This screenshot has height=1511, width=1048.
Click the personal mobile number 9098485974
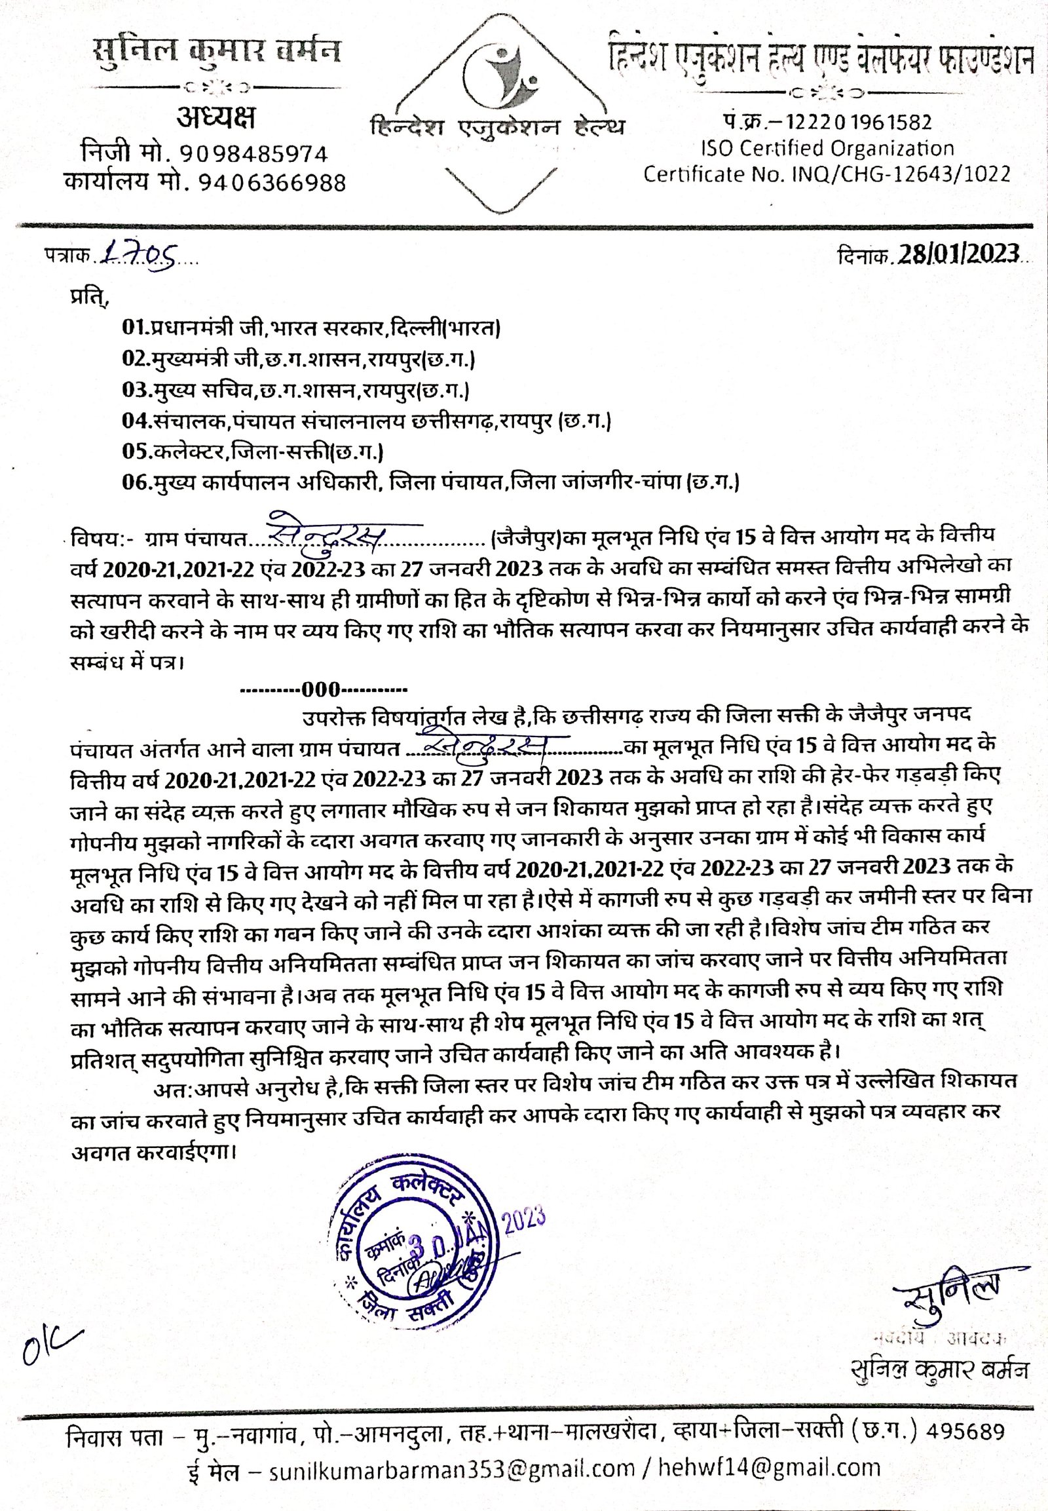(253, 154)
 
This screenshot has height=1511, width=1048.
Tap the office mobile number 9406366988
(271, 182)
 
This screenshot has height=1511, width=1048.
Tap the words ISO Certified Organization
(827, 148)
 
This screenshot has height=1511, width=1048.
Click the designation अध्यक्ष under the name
(215, 118)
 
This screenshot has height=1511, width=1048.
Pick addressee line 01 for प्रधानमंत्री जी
(311, 326)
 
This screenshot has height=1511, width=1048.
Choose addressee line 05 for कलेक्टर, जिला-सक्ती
(253, 451)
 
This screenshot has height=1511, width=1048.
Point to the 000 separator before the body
(324, 690)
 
